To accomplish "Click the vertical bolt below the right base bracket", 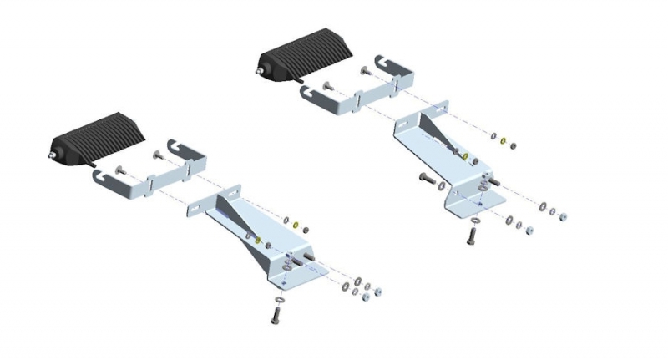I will coord(473,234).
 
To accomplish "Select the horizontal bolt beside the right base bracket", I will coord(426,178).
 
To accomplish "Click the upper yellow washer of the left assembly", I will coord(296,225).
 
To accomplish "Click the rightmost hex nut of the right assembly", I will coord(563,215).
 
